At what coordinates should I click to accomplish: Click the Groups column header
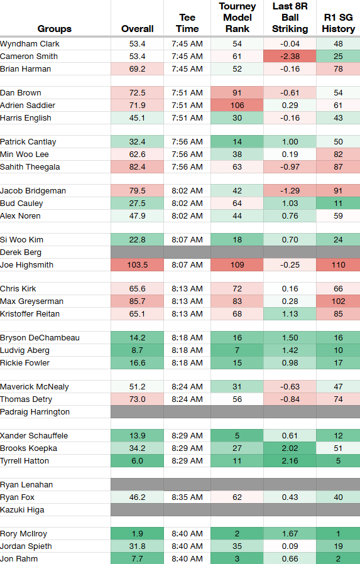[54, 29]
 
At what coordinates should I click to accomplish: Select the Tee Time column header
[187, 23]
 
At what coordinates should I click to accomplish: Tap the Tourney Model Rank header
[237, 17]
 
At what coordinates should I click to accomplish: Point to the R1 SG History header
[338, 23]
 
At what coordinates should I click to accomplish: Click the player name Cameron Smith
[29, 57]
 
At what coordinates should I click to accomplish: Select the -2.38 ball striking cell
[290, 57]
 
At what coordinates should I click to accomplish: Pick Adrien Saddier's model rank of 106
[237, 106]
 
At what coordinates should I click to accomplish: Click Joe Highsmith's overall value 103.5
[138, 265]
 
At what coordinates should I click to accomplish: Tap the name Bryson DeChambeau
[40, 338]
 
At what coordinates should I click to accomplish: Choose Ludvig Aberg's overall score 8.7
[138, 350]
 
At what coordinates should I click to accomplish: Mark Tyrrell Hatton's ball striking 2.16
[290, 461]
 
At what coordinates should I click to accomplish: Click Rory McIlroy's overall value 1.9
[138, 534]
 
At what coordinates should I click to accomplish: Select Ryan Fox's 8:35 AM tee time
[187, 497]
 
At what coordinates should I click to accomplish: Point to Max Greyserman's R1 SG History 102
[338, 301]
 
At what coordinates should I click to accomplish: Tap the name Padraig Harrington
[35, 412]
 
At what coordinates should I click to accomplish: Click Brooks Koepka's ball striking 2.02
[290, 448]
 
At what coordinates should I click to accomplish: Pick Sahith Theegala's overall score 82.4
[138, 167]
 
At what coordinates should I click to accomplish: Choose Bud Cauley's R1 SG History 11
[338, 203]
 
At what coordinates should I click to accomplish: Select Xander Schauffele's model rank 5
[237, 436]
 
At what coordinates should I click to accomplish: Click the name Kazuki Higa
[22, 510]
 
